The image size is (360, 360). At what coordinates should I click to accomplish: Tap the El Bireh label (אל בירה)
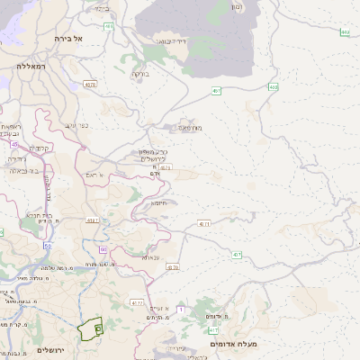(67, 39)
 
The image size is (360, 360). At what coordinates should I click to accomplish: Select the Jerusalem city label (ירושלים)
(53, 349)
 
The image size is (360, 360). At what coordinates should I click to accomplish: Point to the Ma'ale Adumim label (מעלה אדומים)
(233, 344)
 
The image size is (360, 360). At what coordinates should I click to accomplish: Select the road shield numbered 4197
(93, 219)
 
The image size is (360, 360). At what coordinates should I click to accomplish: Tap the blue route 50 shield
(47, 245)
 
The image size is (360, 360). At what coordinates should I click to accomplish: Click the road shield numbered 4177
(137, 303)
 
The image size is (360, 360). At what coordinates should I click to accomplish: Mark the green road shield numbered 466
(109, 28)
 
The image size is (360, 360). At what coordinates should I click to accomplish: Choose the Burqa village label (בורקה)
(140, 74)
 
